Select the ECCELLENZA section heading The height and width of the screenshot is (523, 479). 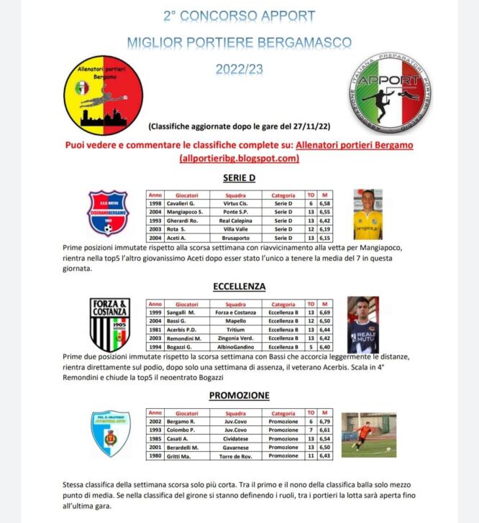pyautogui.click(x=240, y=286)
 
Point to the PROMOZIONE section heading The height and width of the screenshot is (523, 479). pyautogui.click(x=240, y=395)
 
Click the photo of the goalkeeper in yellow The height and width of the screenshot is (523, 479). pyautogui.click(x=368, y=214)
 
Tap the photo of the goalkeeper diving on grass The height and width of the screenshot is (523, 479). pyautogui.click(x=368, y=435)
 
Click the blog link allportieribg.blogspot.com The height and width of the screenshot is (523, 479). pyautogui.click(x=240, y=159)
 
